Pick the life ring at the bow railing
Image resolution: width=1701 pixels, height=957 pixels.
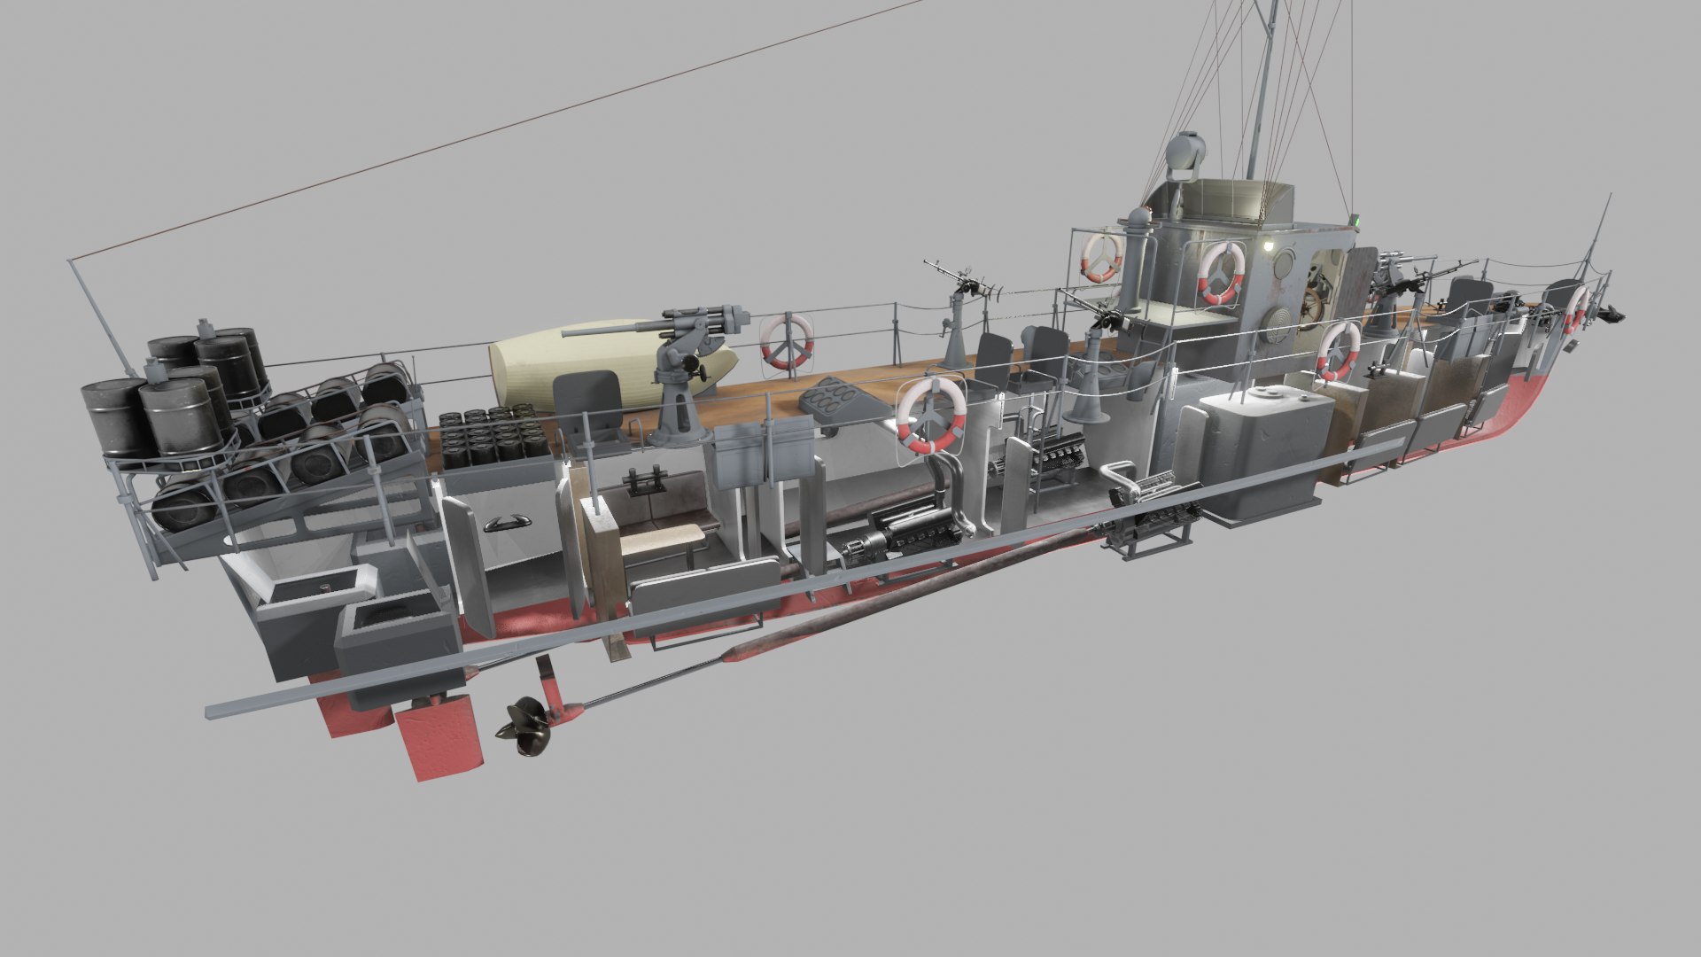pyautogui.click(x=1575, y=309)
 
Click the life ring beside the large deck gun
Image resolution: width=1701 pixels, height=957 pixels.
pyautogui.click(x=786, y=340)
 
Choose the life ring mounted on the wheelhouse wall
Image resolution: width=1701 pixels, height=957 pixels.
pyautogui.click(x=1222, y=272)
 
